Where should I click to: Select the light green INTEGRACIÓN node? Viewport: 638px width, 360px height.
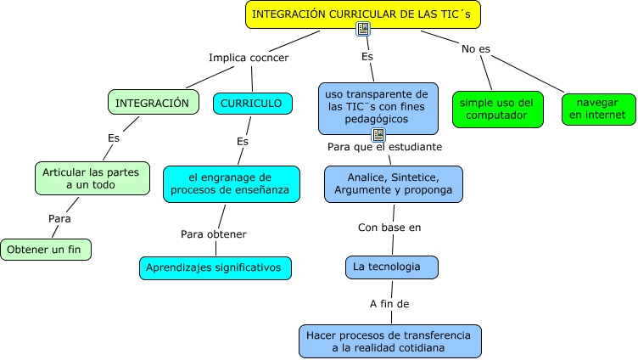click(153, 103)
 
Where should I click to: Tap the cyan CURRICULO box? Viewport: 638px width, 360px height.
click(252, 103)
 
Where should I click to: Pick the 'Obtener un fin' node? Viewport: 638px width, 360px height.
click(46, 249)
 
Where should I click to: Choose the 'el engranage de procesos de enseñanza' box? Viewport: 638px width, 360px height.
click(232, 183)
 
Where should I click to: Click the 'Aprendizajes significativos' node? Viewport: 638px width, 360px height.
click(215, 267)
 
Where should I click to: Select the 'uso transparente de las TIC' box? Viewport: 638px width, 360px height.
click(378, 106)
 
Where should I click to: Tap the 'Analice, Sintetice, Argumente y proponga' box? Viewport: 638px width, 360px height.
click(394, 183)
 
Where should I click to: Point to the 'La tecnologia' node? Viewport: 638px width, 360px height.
click(392, 267)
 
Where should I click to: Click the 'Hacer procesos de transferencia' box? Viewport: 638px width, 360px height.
click(390, 340)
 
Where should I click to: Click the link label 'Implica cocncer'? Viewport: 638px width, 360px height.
click(249, 58)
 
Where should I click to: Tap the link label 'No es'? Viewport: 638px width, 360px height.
click(476, 48)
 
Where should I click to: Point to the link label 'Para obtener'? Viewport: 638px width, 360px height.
click(214, 233)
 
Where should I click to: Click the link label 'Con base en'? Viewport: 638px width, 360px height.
click(389, 227)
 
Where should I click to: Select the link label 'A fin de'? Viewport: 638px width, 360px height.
click(390, 302)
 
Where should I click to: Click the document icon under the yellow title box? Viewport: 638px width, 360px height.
click(363, 30)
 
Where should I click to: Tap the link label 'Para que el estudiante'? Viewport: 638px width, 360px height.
click(384, 147)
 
